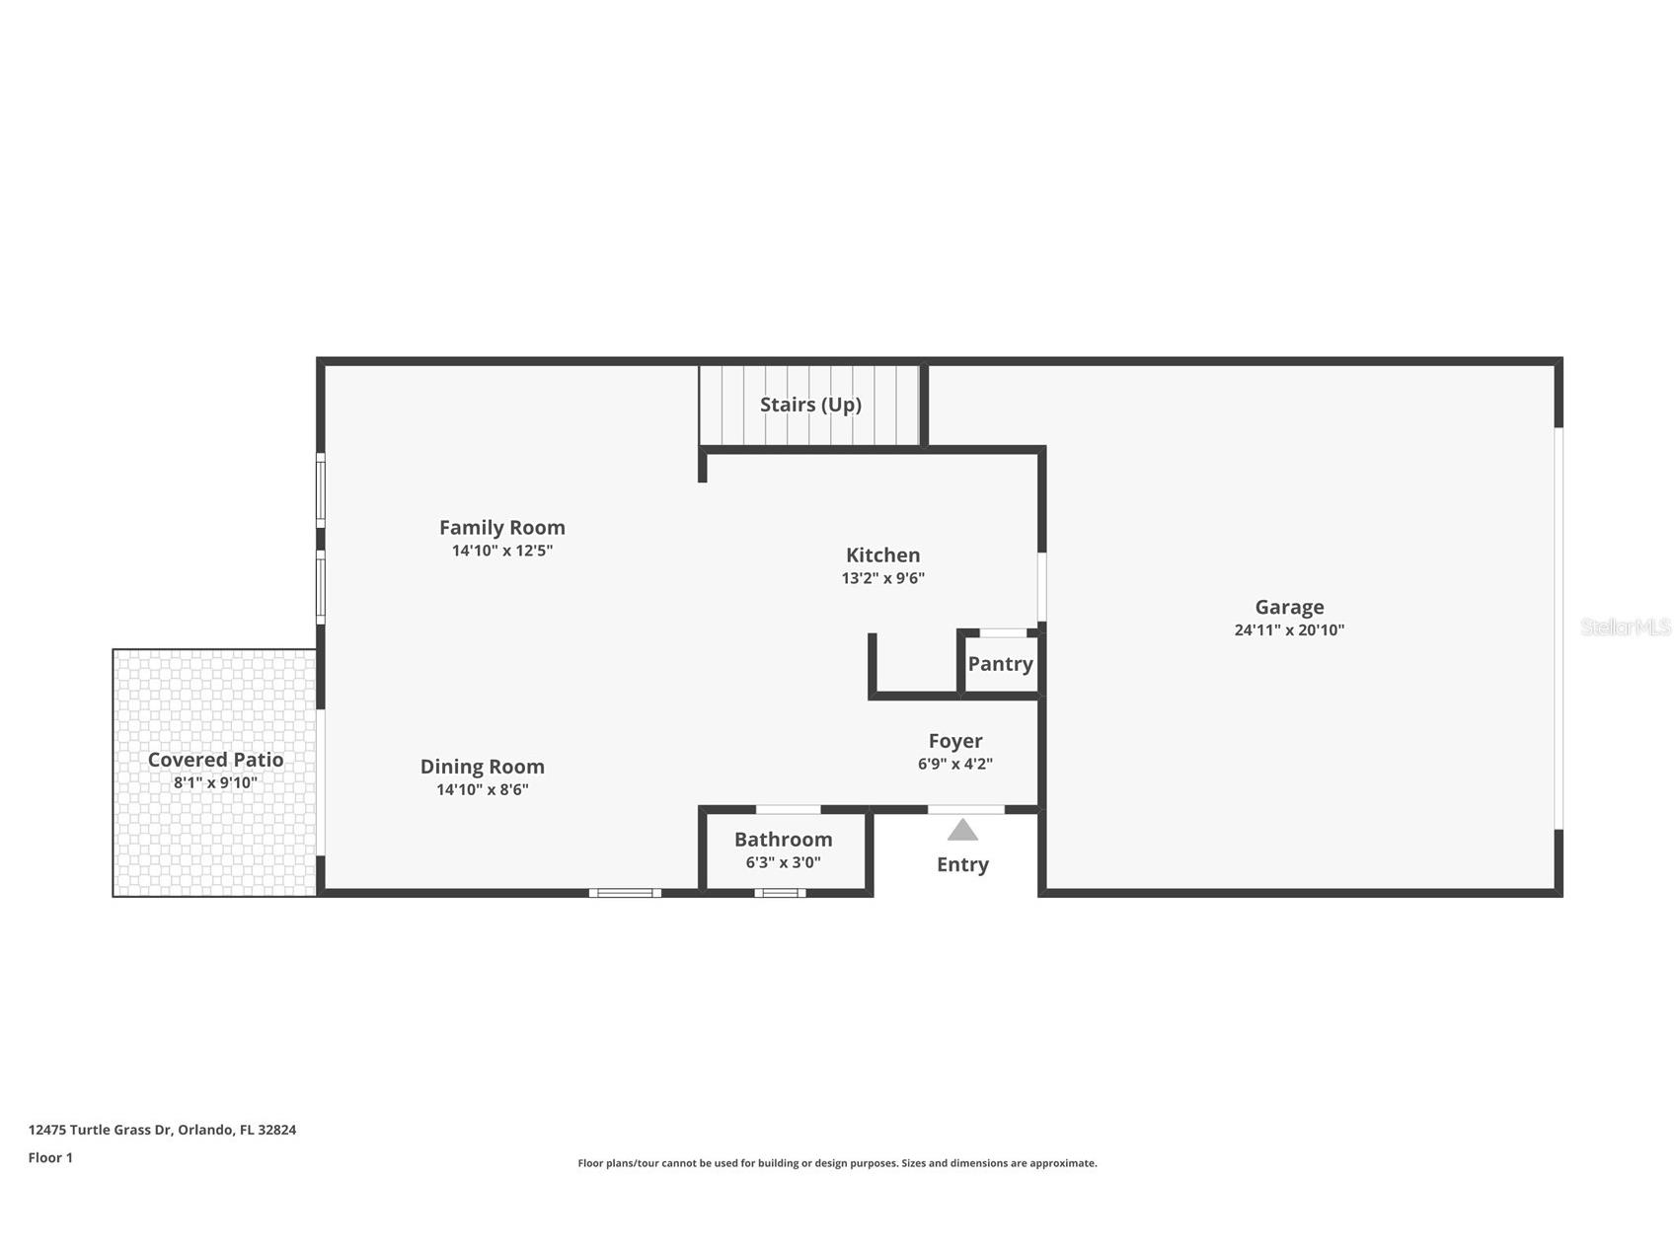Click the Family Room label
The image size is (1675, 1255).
point(501,528)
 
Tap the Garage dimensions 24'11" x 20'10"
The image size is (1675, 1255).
point(1289,630)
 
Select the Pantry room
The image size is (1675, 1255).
point(1000,664)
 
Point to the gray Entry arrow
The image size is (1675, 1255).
point(962,830)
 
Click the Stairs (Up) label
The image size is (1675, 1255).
point(810,405)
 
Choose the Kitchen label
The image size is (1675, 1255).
point(882,555)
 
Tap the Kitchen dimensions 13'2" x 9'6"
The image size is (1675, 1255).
point(882,578)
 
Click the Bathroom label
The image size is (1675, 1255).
point(783,840)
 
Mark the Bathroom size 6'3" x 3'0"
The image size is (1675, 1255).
point(783,862)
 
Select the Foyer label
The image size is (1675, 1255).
point(954,741)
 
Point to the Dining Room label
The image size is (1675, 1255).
point(482,767)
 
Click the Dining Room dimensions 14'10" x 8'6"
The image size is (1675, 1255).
point(482,789)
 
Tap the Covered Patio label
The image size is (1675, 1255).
point(215,760)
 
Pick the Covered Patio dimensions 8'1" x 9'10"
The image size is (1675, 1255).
point(215,782)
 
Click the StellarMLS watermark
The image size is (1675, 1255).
point(1625,627)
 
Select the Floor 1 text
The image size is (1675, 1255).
point(50,1157)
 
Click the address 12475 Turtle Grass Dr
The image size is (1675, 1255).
point(162,1130)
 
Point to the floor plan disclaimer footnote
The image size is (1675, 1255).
point(837,1163)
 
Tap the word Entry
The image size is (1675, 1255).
point(962,864)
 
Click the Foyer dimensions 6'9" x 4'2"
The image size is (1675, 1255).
point(954,764)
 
